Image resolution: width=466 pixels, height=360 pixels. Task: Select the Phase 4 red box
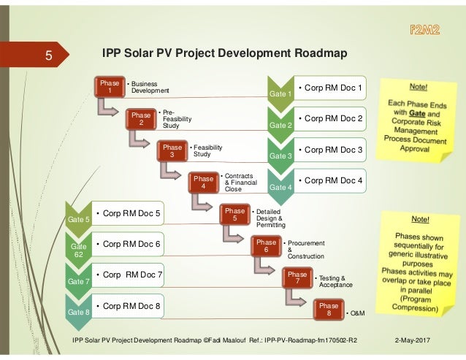[x=202, y=183]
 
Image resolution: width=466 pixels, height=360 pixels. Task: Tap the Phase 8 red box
[x=327, y=309]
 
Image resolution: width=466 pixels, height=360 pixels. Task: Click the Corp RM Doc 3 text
[x=332, y=150]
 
